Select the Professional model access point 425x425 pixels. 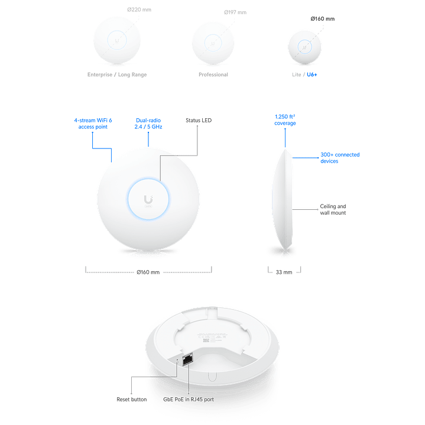click(x=212, y=43)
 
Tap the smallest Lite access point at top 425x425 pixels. click(x=305, y=46)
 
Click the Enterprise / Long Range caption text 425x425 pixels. click(x=117, y=75)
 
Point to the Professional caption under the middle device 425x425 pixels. click(x=212, y=75)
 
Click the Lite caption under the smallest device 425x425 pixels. click(x=305, y=75)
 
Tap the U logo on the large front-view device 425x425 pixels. click(x=147, y=197)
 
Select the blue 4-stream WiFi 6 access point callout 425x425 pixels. click(x=92, y=122)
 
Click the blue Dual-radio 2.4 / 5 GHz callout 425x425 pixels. click(x=148, y=122)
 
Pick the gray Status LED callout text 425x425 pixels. click(x=198, y=120)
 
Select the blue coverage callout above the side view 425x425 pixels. click(x=286, y=119)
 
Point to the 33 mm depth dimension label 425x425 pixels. click(x=286, y=271)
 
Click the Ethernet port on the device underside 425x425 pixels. click(x=189, y=358)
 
